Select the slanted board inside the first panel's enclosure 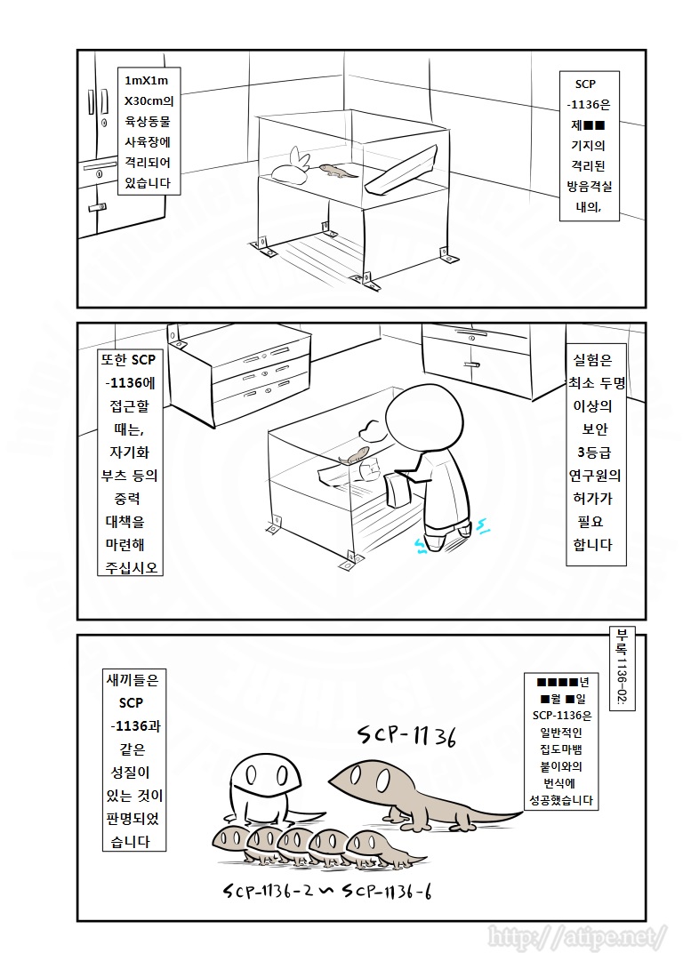tap(402, 169)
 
